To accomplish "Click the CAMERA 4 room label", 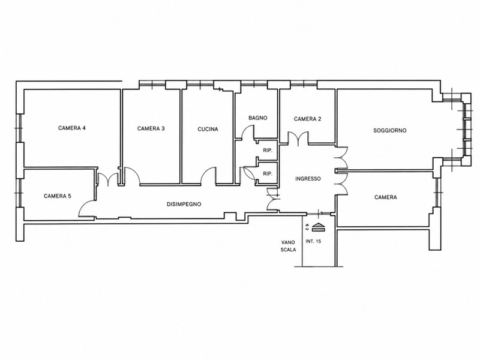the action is [x=72, y=128].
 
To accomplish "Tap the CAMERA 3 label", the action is [x=151, y=128].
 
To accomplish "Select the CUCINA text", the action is [x=208, y=129].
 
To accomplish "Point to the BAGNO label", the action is [x=258, y=118].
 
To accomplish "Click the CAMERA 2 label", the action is [x=308, y=119].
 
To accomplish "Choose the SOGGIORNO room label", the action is [x=389, y=130].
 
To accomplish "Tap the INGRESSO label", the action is [x=308, y=179].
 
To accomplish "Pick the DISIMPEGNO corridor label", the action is [x=184, y=204].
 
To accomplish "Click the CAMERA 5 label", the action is [x=58, y=196].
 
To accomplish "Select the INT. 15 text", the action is [x=313, y=241].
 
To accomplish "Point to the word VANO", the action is [x=288, y=242].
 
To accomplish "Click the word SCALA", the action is [x=289, y=250].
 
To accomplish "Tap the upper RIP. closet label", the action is [x=268, y=151].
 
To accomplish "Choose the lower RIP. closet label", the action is [x=268, y=174].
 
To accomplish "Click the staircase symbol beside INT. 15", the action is [x=319, y=227].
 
